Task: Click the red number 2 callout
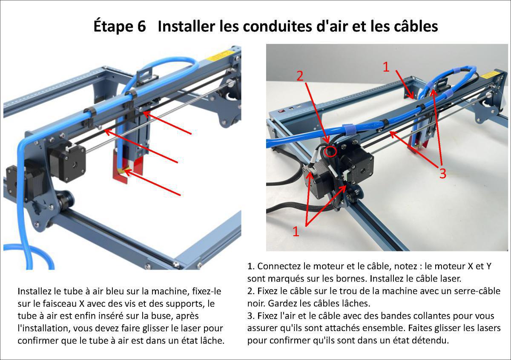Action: pos(300,76)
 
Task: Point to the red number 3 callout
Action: pos(442,174)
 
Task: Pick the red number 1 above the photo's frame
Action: pos(386,67)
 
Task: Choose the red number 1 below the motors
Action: pos(296,231)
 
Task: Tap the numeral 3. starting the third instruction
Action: pos(251,316)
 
